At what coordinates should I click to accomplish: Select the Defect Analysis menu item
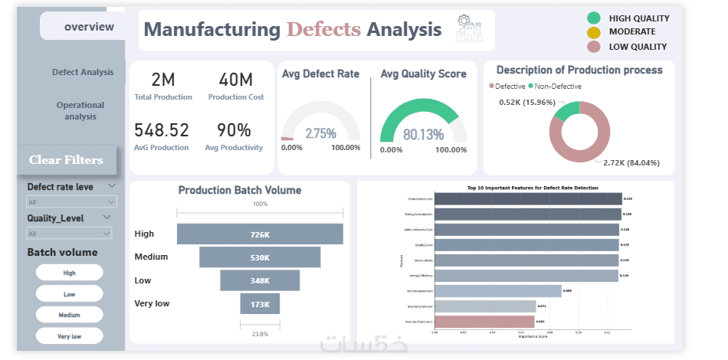tap(83, 72)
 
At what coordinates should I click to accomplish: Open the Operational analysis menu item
tap(80, 111)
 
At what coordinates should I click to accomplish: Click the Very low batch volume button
tap(69, 335)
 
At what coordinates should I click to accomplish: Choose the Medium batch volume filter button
tap(69, 315)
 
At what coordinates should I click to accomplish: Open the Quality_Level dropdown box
tap(72, 233)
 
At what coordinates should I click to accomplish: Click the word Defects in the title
tap(323, 30)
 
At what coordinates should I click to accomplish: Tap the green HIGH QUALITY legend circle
tap(593, 18)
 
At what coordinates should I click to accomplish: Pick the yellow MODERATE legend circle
tap(593, 32)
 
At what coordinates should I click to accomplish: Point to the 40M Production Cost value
tap(235, 80)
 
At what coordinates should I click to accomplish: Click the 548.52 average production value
tap(161, 130)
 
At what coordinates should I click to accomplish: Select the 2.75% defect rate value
tap(320, 133)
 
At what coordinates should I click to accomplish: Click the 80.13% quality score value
tap(423, 135)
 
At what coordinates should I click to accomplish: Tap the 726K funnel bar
tap(260, 234)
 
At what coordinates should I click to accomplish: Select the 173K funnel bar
tap(260, 304)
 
